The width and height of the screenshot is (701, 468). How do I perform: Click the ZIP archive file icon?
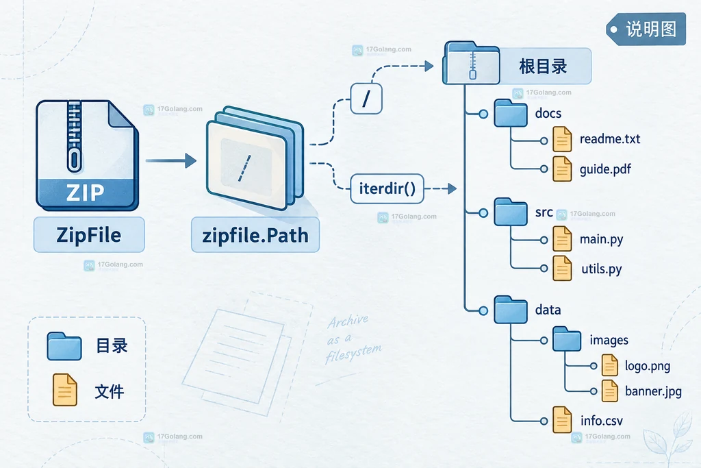[x=87, y=156]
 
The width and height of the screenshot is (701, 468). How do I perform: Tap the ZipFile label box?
[x=89, y=235]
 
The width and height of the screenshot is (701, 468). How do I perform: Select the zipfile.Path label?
[x=255, y=235]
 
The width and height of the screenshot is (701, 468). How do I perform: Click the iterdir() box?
[x=387, y=189]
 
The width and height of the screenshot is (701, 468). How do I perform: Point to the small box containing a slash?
[x=366, y=99]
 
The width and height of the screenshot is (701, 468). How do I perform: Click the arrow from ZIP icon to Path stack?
[x=170, y=160]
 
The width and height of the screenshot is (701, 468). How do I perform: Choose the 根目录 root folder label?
[x=543, y=66]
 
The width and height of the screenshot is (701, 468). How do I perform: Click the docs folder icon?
[x=511, y=113]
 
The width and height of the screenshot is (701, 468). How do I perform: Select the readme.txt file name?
[x=610, y=139]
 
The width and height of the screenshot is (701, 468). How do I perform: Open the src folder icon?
[x=511, y=212]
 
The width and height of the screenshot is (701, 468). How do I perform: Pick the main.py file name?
[x=601, y=240]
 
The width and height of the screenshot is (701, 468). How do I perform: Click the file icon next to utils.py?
[x=562, y=269]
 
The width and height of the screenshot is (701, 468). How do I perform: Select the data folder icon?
[x=511, y=310]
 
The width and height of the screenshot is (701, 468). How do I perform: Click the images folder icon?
[x=567, y=339]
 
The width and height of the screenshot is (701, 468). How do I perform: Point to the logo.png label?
[x=648, y=367]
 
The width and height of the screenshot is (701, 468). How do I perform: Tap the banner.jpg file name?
[x=653, y=391]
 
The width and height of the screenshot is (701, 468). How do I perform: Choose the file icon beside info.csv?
[x=562, y=419]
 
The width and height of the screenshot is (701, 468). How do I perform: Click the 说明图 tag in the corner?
[x=646, y=29]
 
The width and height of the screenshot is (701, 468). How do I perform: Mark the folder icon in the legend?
[x=64, y=346]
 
